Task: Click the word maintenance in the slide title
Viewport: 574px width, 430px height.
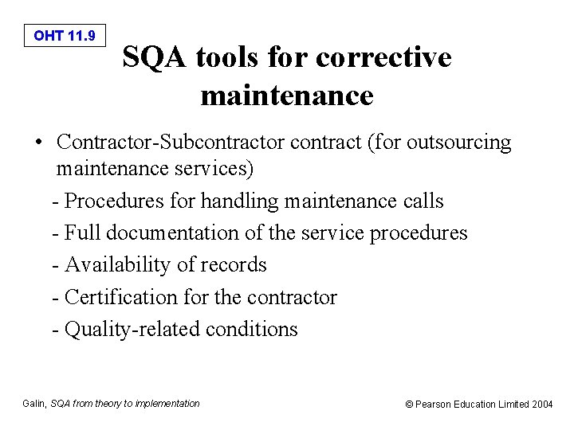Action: point(287,96)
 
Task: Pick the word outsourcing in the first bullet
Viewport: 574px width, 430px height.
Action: point(458,143)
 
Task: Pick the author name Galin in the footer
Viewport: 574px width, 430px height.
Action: point(33,404)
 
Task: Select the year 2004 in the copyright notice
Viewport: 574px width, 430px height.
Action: point(542,405)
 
